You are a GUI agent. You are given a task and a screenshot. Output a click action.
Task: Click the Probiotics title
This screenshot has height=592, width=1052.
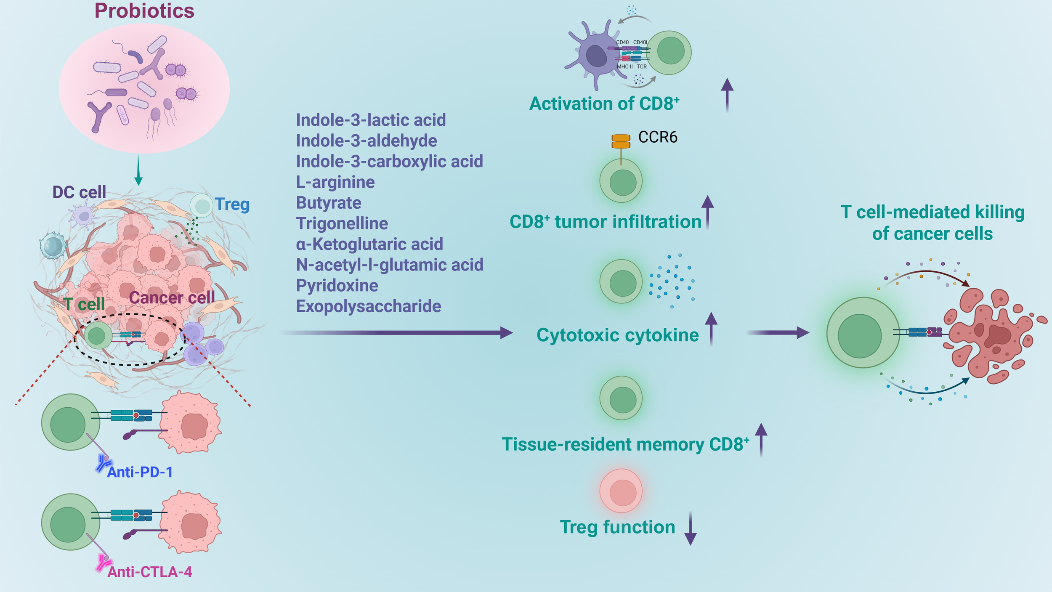[x=144, y=11]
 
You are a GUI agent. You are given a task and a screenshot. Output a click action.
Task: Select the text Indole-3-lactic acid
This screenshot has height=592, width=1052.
[x=370, y=120]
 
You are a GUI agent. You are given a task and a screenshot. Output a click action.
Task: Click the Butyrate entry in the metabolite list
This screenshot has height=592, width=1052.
[x=328, y=203]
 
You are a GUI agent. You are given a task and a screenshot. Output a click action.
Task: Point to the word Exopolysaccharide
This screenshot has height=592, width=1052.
[x=368, y=306]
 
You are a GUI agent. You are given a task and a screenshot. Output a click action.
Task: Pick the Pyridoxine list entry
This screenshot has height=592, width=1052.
[x=337, y=286]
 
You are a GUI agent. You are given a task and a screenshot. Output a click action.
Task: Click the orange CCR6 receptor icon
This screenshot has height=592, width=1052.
[x=621, y=142]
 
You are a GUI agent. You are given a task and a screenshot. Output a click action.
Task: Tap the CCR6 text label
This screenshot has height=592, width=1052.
[x=657, y=138]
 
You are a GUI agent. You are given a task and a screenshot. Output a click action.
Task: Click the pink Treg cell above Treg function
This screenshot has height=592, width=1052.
[x=621, y=491]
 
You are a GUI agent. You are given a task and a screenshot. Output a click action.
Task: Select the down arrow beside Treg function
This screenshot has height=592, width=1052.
[x=690, y=528]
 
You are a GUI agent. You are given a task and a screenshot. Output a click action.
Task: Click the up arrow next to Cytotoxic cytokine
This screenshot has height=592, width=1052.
[x=711, y=328]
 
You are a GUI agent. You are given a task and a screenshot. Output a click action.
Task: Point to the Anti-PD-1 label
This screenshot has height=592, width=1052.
[x=140, y=472]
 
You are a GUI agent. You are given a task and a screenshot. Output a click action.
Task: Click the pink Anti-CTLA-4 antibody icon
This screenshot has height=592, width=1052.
[x=102, y=563]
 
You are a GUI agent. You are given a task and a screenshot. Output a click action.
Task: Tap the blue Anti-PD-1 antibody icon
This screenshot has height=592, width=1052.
[x=102, y=463]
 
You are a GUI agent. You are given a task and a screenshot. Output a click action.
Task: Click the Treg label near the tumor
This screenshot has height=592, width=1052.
[x=232, y=204]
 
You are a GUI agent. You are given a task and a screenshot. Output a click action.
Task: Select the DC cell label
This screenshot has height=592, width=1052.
[x=79, y=192]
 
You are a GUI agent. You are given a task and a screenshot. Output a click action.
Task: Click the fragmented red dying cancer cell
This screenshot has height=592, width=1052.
[x=989, y=334]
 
